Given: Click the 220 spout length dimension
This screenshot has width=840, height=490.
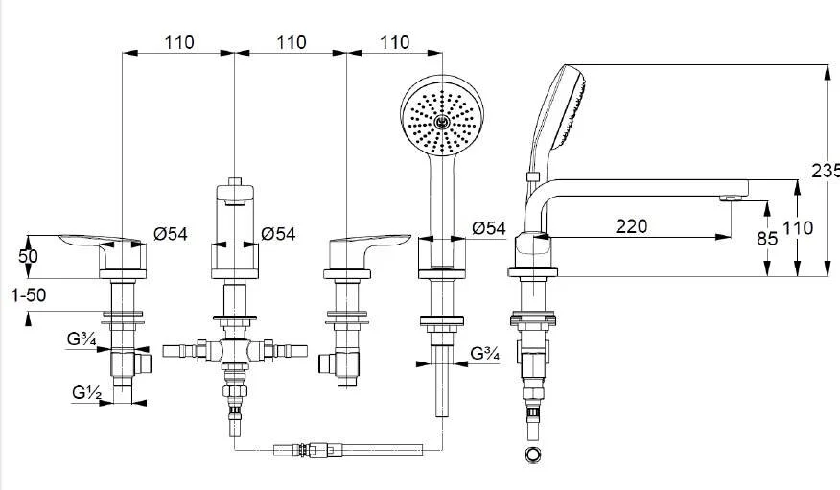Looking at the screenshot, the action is tap(631, 226).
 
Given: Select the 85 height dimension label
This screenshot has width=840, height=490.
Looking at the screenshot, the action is tap(767, 239).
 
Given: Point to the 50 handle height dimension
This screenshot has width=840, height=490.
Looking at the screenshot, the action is tap(28, 256).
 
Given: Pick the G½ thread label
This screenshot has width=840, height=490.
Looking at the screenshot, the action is tap(87, 393).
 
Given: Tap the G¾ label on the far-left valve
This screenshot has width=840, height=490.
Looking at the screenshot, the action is tap(82, 339).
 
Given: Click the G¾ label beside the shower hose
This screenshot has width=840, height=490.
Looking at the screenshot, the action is tap(485, 354).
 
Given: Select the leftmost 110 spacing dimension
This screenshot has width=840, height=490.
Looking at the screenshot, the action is tap(179, 42).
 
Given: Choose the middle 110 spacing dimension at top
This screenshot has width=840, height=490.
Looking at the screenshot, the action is tap(292, 42).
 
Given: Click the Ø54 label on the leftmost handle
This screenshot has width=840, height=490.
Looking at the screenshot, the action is tap(171, 234).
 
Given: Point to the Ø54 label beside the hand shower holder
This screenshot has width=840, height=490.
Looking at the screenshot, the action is tap(489, 228).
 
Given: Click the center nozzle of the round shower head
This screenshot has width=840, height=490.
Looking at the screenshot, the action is tap(442, 123).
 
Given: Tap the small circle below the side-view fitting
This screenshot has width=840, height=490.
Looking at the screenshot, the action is tap(532, 455).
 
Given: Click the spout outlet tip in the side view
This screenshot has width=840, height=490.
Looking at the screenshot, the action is tap(730, 198).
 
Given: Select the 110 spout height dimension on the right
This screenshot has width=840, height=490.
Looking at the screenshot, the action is tap(798, 228).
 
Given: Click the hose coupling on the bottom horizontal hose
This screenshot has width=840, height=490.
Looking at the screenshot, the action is tap(304, 450).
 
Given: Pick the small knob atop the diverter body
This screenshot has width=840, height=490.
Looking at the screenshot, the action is tap(235, 181).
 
